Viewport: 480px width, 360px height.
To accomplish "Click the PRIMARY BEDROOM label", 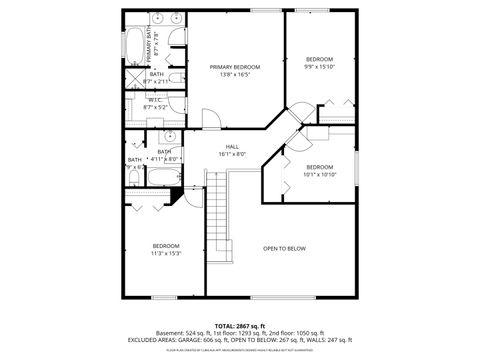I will [235, 66].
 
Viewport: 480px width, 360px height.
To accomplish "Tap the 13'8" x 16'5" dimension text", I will [235, 74].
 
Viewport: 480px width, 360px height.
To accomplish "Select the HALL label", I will [232, 146].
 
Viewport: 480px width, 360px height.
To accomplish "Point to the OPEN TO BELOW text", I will [284, 248].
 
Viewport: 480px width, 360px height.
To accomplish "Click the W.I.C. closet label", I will [155, 99].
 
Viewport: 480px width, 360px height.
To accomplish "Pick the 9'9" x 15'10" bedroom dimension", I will [319, 67].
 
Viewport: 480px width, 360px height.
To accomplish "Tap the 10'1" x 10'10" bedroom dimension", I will [319, 174].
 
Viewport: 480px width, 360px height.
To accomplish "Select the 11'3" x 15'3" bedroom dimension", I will [165, 253].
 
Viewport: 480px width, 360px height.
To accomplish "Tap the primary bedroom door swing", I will [209, 118].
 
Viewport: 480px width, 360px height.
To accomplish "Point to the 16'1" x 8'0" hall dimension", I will [232, 154].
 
